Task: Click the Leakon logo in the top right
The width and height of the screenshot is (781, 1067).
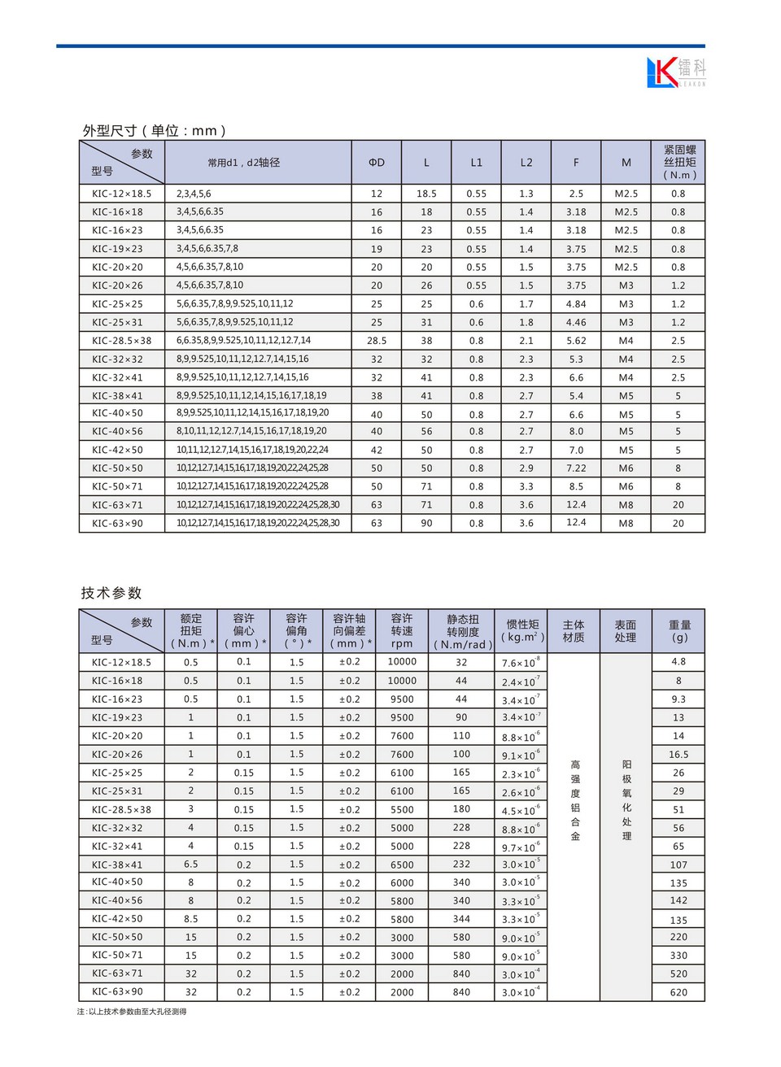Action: pos(675,72)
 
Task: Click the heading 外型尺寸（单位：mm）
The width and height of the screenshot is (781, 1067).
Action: pos(155,130)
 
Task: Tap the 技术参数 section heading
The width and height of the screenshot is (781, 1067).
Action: pos(111,593)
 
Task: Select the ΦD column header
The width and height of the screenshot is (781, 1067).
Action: pos(377,163)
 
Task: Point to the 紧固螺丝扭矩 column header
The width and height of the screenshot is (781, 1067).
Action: pos(679,162)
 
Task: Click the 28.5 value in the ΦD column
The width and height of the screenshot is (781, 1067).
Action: pos(377,341)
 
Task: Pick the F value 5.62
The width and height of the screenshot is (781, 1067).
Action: pos(576,341)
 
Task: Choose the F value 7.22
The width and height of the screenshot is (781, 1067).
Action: pos(576,468)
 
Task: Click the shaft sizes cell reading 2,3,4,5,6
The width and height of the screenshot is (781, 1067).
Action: pos(194,194)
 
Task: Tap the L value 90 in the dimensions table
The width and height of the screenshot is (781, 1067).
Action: pos(426,524)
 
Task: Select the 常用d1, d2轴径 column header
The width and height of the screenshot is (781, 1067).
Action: pos(243,163)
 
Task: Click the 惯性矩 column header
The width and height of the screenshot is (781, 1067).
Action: pos(522,630)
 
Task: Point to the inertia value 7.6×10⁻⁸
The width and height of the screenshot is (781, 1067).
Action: pos(521,663)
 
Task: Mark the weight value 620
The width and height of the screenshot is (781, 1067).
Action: pos(678,992)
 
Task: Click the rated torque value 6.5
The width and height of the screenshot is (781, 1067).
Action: pos(191,864)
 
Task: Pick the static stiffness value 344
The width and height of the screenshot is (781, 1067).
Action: pos(461,919)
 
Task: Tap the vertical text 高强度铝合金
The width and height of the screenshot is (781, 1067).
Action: pos(575,800)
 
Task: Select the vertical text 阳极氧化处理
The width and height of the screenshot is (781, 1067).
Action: pos(626,800)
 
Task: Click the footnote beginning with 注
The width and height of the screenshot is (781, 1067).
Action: pos(132,1012)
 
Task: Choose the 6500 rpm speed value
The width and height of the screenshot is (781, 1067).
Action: pos(402,864)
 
